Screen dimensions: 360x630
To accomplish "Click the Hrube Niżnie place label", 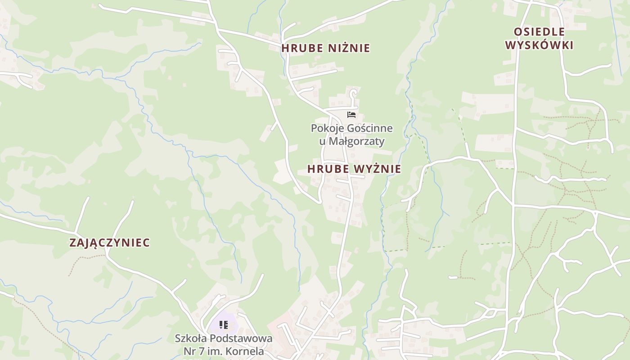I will [x=325, y=48].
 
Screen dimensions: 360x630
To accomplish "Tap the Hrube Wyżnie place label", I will [x=354, y=169].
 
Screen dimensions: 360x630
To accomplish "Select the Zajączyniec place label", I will [x=109, y=243].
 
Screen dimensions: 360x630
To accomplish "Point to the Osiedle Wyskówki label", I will [x=539, y=38].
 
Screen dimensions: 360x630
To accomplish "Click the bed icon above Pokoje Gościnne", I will [x=351, y=115].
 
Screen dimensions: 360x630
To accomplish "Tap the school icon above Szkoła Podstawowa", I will [x=224, y=324].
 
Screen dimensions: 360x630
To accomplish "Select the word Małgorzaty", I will [x=356, y=141].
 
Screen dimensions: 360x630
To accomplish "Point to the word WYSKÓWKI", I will [x=539, y=45].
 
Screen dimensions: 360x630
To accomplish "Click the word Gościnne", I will [x=369, y=129].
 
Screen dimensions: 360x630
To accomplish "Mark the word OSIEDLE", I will [x=539, y=31].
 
